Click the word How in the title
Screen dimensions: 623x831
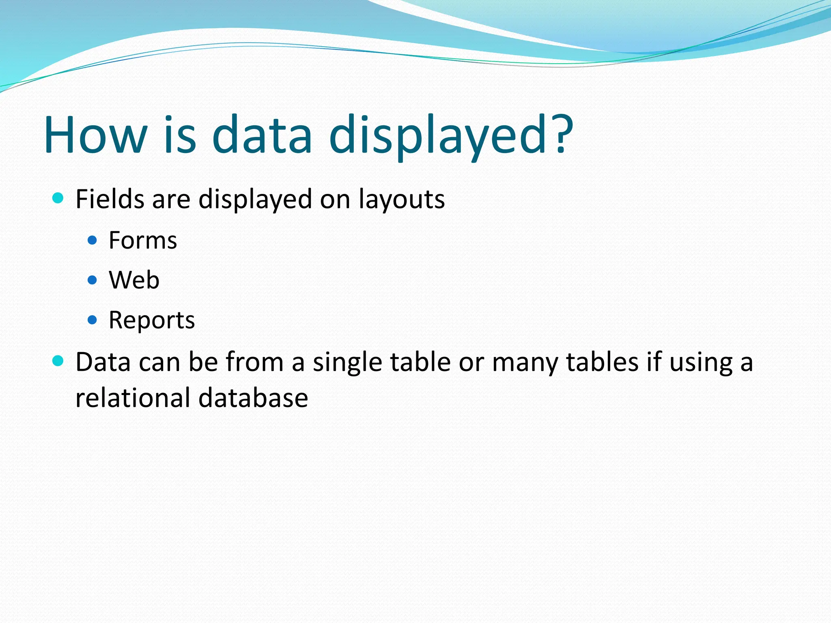[96, 135]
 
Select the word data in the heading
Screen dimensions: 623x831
[262, 135]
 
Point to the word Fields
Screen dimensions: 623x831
[110, 199]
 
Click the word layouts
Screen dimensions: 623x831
[402, 200]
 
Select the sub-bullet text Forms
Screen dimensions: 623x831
[143, 240]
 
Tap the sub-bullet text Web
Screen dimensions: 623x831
[134, 280]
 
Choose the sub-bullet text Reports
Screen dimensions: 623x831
[152, 320]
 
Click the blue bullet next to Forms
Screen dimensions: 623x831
[93, 240]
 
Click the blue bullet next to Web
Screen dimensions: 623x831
[93, 280]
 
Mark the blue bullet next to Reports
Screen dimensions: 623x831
[93, 320]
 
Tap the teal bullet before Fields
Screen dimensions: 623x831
[58, 198]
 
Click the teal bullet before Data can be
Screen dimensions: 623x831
[58, 361]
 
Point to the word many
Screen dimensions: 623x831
[526, 362]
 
